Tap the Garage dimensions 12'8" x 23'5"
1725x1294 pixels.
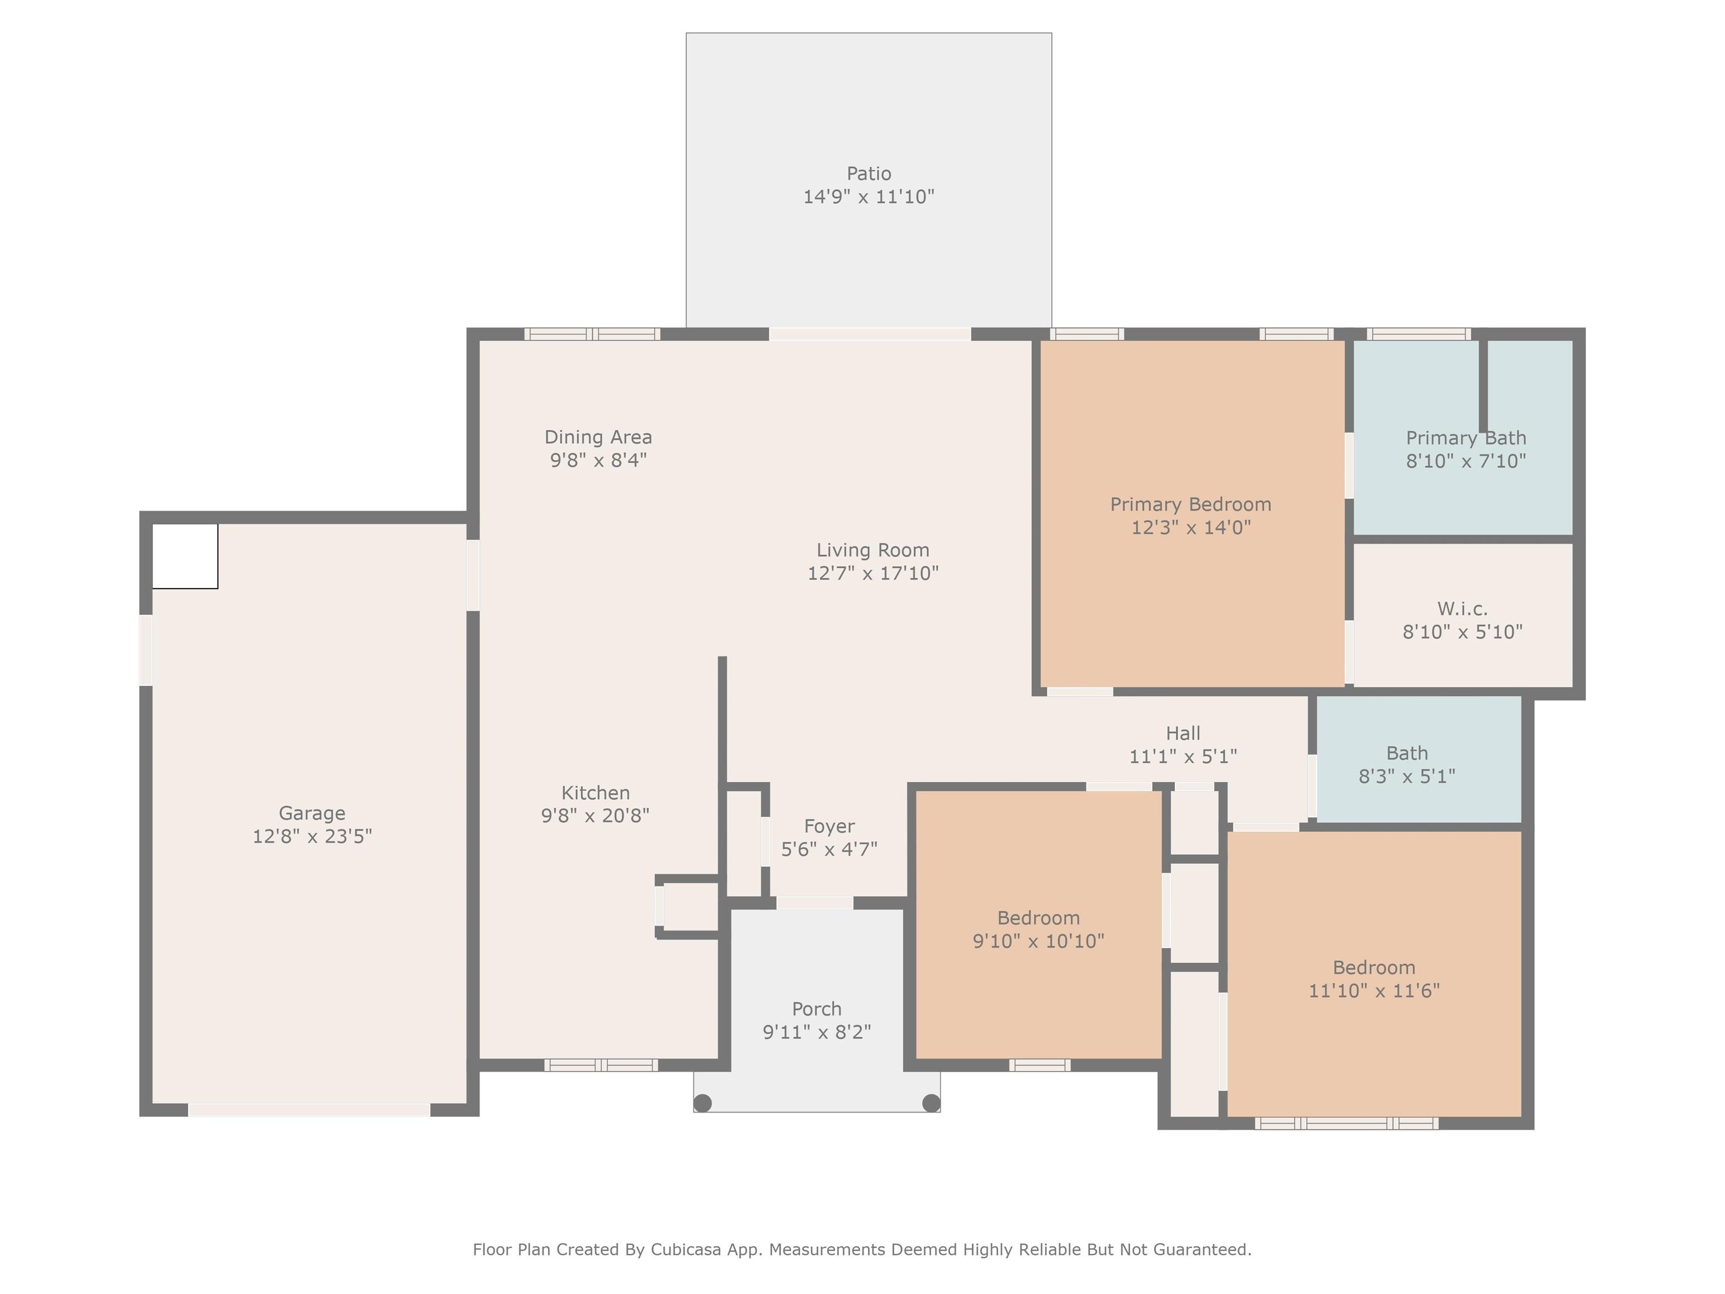tap(312, 836)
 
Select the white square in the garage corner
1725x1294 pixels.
tap(185, 556)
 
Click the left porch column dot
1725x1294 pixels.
tap(702, 1103)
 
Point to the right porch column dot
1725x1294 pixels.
tap(931, 1103)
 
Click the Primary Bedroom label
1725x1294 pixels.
tap(1191, 505)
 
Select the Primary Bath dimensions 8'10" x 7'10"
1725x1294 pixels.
tap(1466, 461)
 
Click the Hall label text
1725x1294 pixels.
tap(1183, 733)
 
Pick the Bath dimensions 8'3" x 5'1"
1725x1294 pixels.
tap(1407, 776)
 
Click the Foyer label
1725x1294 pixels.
tap(829, 826)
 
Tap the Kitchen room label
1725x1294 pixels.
tap(595, 792)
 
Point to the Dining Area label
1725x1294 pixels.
tap(598, 437)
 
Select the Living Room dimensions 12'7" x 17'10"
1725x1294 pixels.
tap(873, 573)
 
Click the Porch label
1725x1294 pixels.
tap(816, 1009)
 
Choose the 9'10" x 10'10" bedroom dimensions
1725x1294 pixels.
tap(1038, 941)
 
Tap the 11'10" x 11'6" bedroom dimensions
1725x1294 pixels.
tap(1374, 991)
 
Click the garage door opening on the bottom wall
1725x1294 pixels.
tap(309, 1110)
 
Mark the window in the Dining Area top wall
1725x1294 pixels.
tap(592, 334)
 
